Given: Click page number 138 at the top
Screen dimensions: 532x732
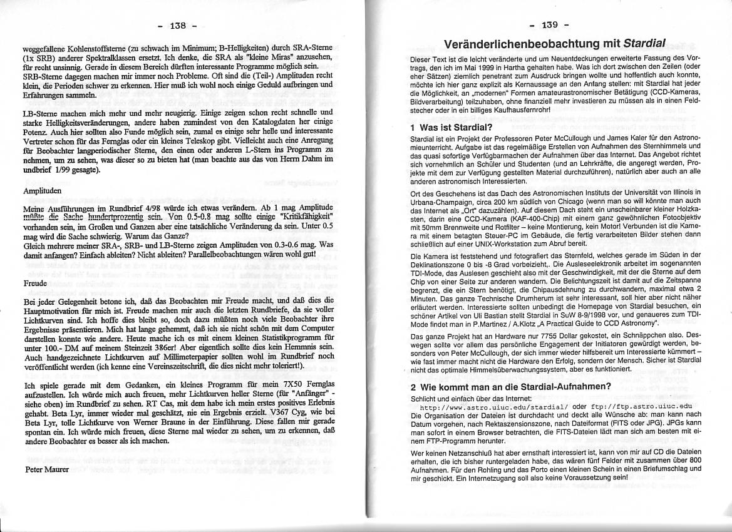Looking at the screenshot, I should point(177,26).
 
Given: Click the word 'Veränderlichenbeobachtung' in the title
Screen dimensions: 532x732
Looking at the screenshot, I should point(532,44).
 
